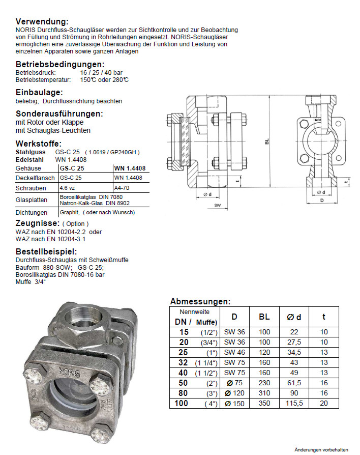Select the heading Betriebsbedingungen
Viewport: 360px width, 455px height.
pos(60,65)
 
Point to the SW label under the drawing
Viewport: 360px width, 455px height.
pos(217,206)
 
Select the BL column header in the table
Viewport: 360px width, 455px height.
pos(264,317)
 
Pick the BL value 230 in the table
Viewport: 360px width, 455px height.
pos(264,382)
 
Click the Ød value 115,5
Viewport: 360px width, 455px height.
pos(295,403)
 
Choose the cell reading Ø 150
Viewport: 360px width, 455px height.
pos(234,403)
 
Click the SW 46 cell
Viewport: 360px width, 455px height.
pos(234,352)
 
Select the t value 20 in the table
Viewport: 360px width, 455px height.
pos(324,403)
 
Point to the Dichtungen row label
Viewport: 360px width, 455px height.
pos(32,212)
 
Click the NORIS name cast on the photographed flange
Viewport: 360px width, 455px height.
pos(68,370)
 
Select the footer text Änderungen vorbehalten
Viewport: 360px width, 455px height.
pos(321,449)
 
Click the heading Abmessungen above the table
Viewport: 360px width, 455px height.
pos(200,301)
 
